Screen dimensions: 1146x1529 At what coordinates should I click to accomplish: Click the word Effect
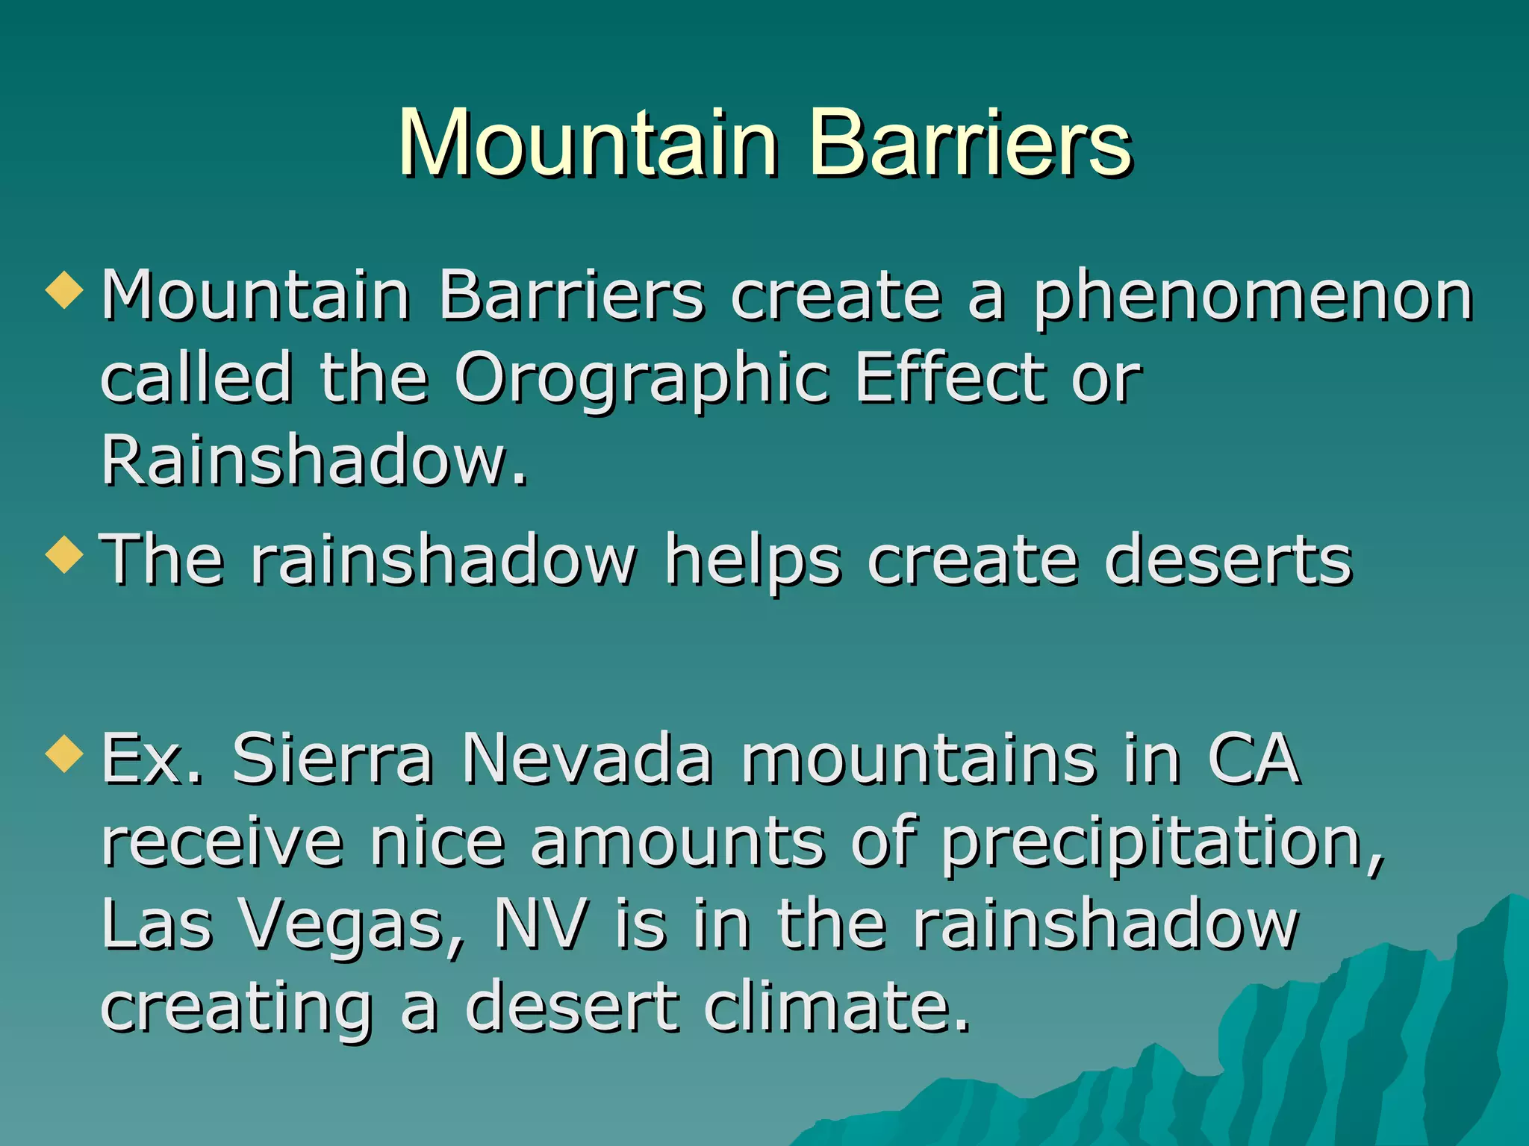tap(949, 378)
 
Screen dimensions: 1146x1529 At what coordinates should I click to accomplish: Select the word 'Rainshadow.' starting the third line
tap(314, 460)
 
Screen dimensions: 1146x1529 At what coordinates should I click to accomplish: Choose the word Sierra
tap(333, 759)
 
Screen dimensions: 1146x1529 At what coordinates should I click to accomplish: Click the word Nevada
tap(587, 759)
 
